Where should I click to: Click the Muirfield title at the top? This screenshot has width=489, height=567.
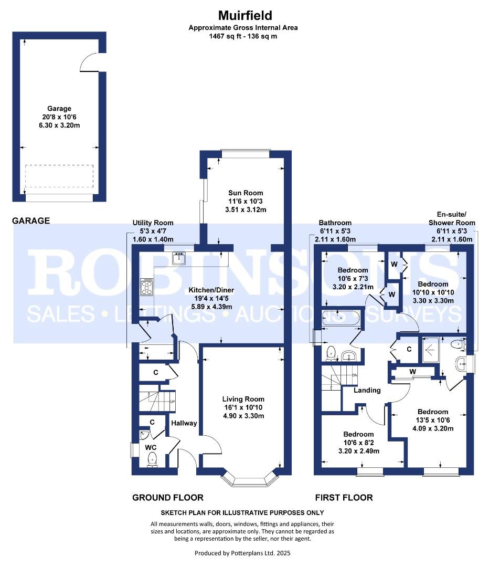[245, 16]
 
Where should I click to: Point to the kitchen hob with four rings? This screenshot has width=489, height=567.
[147, 287]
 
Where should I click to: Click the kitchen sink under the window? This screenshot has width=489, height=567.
[179, 258]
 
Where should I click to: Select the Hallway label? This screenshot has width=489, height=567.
[184, 423]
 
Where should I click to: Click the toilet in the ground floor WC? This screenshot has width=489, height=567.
[152, 459]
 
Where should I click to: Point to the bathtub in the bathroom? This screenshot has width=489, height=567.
[341, 318]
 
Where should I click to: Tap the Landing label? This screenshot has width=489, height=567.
[367, 390]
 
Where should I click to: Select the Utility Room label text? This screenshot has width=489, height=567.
[153, 223]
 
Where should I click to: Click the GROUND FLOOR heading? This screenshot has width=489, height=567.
[168, 498]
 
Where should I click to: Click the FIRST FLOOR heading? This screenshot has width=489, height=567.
[344, 498]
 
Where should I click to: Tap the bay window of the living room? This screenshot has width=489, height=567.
[250, 479]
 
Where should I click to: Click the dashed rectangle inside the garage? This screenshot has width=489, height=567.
[59, 176]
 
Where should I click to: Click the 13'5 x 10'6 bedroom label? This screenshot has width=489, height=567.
[433, 420]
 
